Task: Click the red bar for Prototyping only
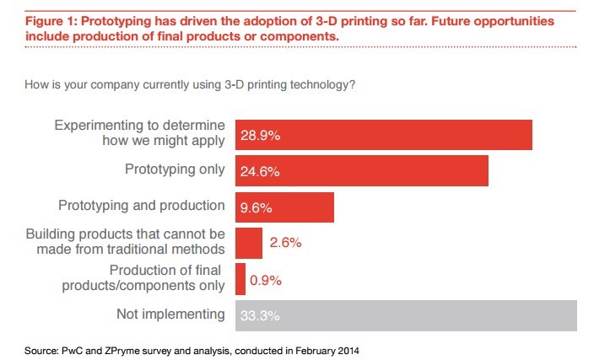pyautogui.click(x=361, y=170)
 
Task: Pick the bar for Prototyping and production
pyautogui.click(x=284, y=207)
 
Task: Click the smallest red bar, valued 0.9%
pyautogui.click(x=240, y=279)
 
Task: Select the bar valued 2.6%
pyautogui.click(x=249, y=243)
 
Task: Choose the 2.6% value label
pyautogui.click(x=285, y=244)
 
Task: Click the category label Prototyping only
pyautogui.click(x=174, y=169)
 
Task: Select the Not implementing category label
pyautogui.click(x=170, y=315)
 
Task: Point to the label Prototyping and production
pyautogui.click(x=141, y=206)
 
